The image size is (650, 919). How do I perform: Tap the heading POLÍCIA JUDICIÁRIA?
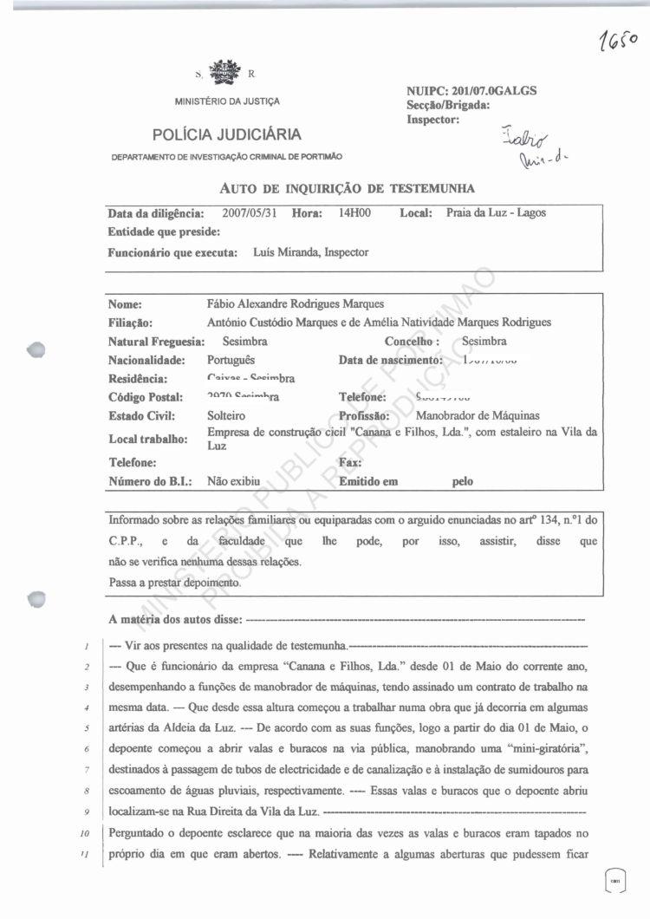click(227, 134)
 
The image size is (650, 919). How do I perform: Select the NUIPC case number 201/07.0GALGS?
click(498, 91)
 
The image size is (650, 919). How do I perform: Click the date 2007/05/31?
click(250, 213)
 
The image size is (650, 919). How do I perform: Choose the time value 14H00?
click(354, 213)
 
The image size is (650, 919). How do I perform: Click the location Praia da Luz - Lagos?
click(496, 213)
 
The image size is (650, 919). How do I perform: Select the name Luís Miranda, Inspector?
click(311, 253)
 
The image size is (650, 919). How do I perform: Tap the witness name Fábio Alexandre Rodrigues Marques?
click(294, 304)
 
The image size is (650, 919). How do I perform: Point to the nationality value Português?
click(232, 360)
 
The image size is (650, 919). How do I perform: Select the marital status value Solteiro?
click(226, 416)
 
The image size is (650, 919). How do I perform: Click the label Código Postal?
click(145, 397)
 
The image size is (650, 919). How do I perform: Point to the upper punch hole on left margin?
click(35, 350)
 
